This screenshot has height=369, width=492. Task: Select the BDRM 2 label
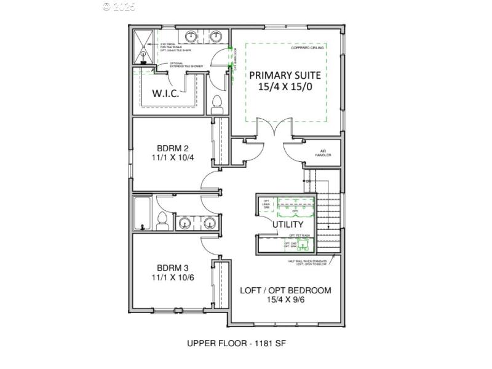pyautogui.click(x=172, y=148)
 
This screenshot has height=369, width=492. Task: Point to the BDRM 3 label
pyautogui.click(x=172, y=268)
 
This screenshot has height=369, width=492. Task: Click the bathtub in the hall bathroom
pyautogui.click(x=143, y=213)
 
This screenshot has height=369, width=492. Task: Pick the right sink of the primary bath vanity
pyautogui.click(x=216, y=36)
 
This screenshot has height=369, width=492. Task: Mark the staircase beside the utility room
pyautogui.click(x=329, y=215)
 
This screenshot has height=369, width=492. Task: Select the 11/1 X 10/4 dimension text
pyautogui.click(x=172, y=158)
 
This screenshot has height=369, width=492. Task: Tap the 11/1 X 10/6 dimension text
pyautogui.click(x=172, y=279)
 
